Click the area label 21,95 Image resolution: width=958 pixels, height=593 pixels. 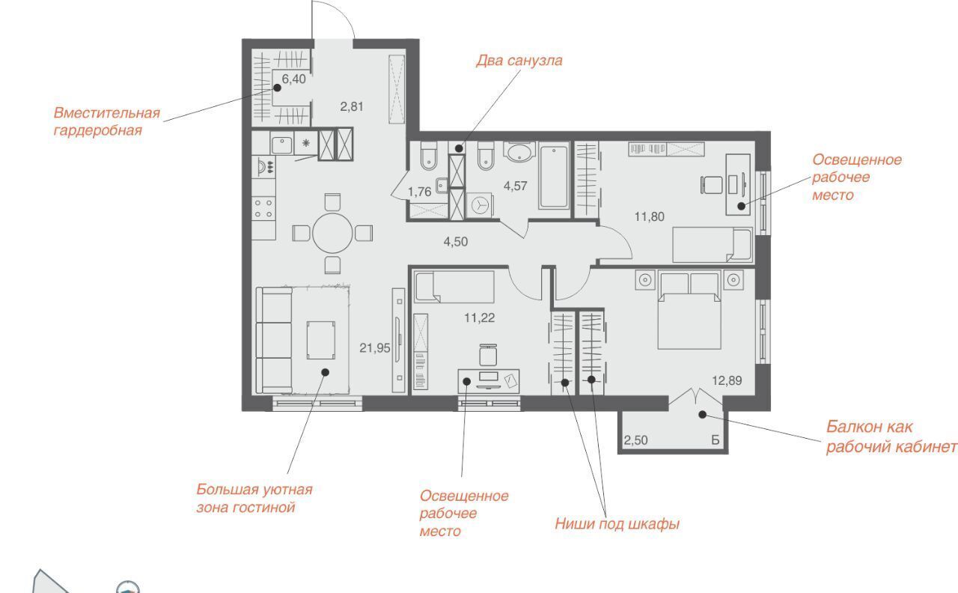375,348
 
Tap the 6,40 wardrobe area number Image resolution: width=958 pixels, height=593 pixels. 294,79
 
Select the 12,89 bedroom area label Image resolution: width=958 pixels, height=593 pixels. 727,380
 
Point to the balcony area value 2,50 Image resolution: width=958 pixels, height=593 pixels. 635,440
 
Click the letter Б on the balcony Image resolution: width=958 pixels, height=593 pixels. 716,440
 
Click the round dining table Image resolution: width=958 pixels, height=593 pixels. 332,233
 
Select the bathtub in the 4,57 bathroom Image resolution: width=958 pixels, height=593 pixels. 554,176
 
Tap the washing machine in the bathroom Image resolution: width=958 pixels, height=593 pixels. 480,205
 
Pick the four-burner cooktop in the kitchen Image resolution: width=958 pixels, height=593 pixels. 263,208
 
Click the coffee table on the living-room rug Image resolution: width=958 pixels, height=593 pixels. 321,340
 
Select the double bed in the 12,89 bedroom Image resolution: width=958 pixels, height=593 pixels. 689,310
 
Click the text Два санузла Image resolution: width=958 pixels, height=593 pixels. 519,61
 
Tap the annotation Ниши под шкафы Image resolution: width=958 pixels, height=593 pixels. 617,524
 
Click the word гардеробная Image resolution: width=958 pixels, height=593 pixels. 97,130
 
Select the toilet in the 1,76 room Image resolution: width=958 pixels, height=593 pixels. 429,156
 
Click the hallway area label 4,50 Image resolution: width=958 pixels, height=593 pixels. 456,242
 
